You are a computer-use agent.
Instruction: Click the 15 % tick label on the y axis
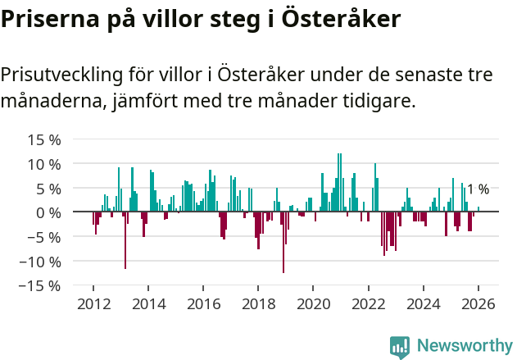44,139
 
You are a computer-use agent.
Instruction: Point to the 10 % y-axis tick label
44,164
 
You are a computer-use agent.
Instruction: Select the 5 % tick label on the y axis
48,189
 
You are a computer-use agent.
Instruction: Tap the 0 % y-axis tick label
48,212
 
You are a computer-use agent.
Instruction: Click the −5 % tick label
44,237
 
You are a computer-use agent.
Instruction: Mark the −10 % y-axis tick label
40,262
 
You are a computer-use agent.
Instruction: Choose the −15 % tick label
40,286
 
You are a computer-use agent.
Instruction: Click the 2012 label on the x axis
93,303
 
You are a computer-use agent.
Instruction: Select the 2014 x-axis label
148,303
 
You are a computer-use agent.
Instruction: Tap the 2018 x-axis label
258,303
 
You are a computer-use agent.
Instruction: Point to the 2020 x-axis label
313,303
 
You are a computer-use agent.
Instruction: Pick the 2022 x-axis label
368,303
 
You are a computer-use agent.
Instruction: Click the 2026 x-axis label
478,303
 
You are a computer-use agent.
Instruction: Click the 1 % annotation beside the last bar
478,189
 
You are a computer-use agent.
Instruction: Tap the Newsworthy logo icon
400,347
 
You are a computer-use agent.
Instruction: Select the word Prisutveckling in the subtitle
61,75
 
